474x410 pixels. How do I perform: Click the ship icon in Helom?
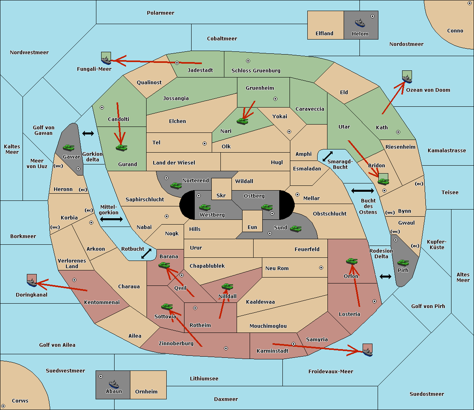point(360,23)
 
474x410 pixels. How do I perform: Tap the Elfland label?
point(324,34)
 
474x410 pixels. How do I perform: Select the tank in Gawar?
point(69,147)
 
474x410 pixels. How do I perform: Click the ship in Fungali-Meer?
point(106,60)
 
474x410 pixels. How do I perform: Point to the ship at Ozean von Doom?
point(407,79)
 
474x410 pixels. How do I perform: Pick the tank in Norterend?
point(176,185)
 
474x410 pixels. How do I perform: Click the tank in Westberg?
point(205,207)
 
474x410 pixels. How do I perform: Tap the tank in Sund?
point(295,229)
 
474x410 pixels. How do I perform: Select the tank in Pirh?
point(403,263)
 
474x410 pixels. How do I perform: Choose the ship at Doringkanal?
point(32,282)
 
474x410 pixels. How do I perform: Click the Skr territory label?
point(221,195)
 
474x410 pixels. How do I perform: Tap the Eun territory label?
point(252,227)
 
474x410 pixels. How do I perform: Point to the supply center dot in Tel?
point(205,144)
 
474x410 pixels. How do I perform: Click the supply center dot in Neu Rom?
point(321,268)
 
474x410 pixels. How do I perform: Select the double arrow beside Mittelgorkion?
point(111,219)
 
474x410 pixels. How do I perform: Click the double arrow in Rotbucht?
point(146,254)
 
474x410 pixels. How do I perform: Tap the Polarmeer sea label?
point(160,13)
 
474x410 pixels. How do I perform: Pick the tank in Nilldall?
point(227,287)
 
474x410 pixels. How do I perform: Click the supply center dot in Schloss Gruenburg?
point(248,61)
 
